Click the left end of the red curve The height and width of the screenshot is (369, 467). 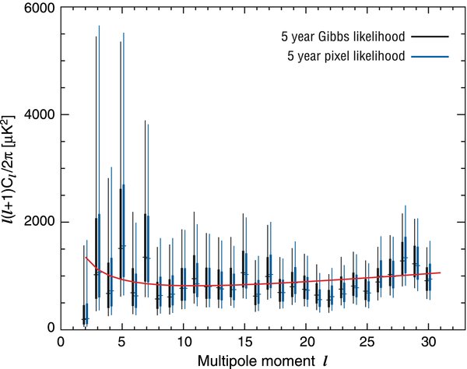84,257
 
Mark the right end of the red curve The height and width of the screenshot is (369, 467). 441,272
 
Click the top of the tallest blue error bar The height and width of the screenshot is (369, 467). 99,26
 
